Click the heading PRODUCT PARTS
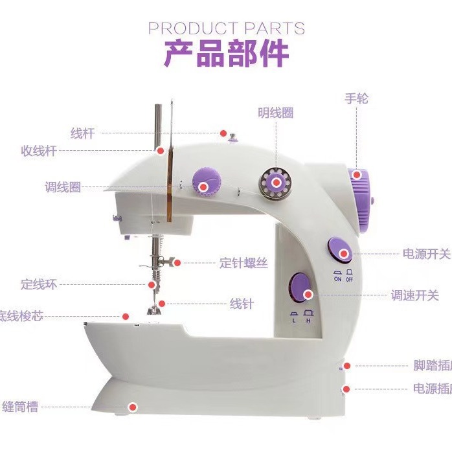click(x=226, y=28)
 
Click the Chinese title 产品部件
click(x=226, y=54)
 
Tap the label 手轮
click(x=357, y=98)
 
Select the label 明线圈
click(x=275, y=113)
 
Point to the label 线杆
click(x=82, y=133)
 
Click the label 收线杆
click(x=39, y=151)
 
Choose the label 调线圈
click(x=63, y=187)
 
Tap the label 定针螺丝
click(x=243, y=263)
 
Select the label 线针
click(x=242, y=304)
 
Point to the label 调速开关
click(x=415, y=295)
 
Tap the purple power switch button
click(x=340, y=250)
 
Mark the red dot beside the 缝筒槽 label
click(x=133, y=407)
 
